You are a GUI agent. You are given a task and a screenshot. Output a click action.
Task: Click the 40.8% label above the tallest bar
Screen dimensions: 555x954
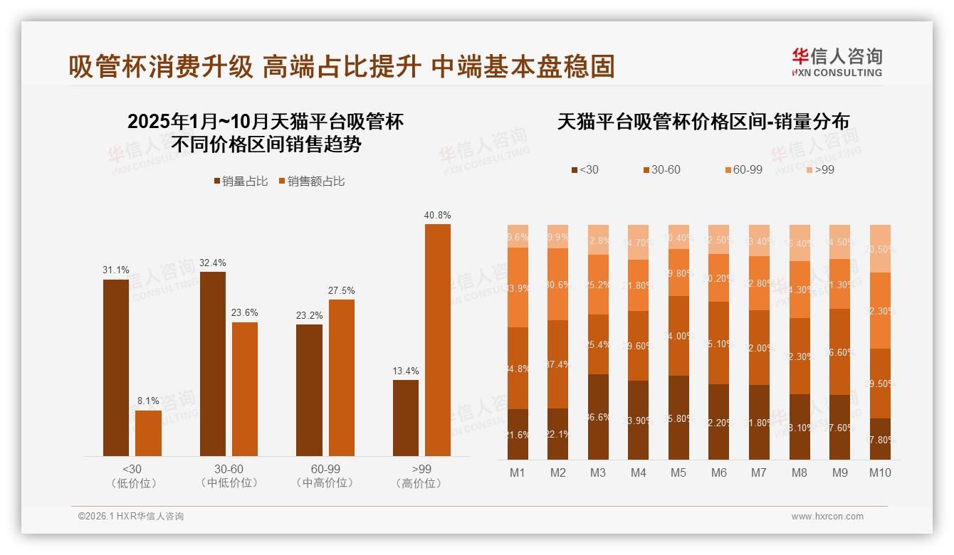tap(437, 215)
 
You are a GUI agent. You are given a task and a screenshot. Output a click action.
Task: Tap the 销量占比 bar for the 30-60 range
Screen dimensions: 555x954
tap(213, 364)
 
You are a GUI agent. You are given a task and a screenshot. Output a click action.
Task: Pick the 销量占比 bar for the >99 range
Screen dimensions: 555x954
tap(406, 418)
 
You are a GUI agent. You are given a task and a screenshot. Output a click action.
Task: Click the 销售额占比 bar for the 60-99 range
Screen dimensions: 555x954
tap(341, 377)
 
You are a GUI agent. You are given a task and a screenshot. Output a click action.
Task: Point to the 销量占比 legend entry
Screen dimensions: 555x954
tap(241, 181)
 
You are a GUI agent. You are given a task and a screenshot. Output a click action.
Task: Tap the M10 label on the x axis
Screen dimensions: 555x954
tap(880, 472)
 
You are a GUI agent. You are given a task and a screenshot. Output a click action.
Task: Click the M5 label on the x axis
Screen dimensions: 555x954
tap(679, 472)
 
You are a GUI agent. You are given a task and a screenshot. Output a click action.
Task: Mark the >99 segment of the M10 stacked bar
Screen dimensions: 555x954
tap(881, 248)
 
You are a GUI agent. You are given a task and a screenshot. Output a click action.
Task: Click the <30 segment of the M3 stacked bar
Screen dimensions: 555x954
tap(598, 416)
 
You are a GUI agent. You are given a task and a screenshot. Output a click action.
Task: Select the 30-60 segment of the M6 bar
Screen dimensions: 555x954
tap(719, 343)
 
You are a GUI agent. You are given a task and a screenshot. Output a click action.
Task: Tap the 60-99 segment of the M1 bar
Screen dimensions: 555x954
tap(518, 287)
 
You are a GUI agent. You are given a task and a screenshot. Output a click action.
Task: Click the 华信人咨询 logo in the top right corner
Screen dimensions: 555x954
tap(837, 62)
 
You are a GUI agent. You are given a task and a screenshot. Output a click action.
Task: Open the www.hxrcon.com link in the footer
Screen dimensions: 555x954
tap(827, 517)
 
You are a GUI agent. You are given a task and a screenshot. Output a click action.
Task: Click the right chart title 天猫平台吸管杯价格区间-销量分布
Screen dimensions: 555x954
tap(703, 122)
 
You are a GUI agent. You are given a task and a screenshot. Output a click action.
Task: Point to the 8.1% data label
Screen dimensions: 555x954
tap(148, 401)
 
